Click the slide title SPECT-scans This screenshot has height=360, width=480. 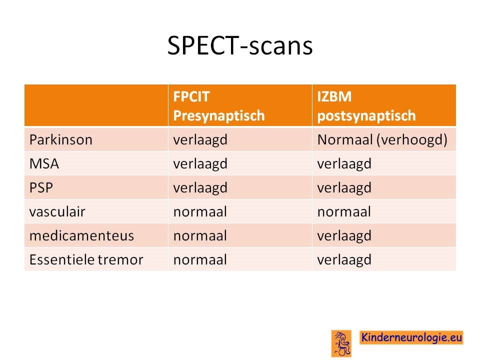click(x=240, y=45)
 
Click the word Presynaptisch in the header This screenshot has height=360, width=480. click(x=219, y=115)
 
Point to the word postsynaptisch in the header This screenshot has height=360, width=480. click(x=366, y=116)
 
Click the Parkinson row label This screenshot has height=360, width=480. click(x=61, y=140)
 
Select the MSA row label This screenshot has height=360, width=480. click(x=44, y=164)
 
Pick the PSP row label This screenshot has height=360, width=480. click(x=41, y=187)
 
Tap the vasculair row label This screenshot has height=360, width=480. click(x=57, y=212)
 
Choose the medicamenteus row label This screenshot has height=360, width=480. click(x=81, y=235)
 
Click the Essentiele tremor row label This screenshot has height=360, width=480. click(x=86, y=259)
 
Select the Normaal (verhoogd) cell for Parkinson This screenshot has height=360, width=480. click(x=382, y=140)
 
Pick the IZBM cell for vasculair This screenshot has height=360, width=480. click(x=344, y=212)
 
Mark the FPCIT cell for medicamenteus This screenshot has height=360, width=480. click(x=200, y=235)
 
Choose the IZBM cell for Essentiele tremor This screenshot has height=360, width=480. click(x=344, y=260)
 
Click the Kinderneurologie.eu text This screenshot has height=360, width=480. click(x=411, y=337)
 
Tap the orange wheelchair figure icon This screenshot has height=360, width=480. click(x=341, y=343)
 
